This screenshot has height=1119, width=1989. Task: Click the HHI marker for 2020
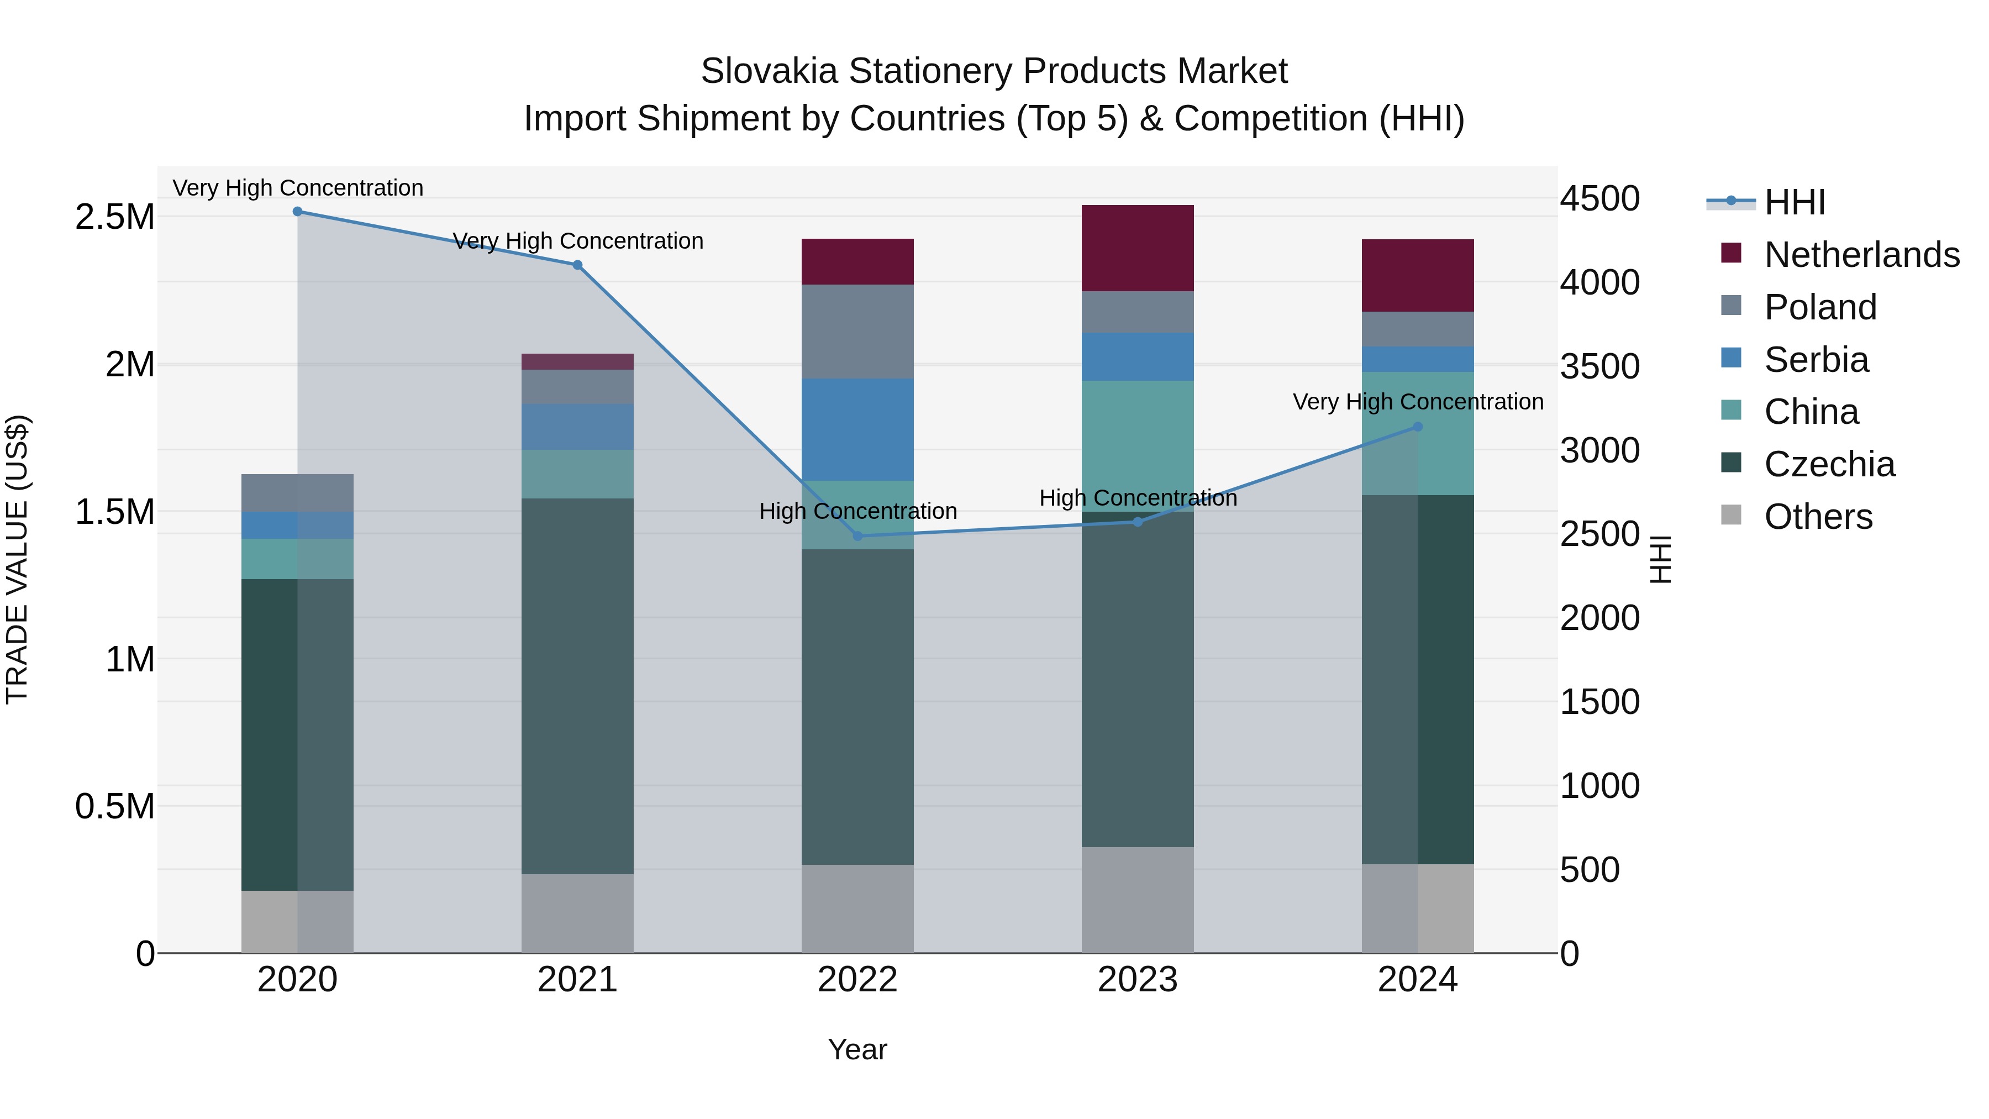[297, 211]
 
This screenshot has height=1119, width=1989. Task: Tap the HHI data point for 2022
[857, 536]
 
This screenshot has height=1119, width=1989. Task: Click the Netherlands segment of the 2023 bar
[1138, 248]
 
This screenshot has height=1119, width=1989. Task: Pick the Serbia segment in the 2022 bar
[857, 429]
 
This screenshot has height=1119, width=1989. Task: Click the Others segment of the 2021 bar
[577, 913]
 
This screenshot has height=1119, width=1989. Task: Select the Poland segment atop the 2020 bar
[297, 493]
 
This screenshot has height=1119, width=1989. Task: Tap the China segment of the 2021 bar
[577, 474]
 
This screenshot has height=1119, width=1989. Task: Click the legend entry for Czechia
[1828, 464]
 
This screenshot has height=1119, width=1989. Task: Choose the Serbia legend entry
[1816, 360]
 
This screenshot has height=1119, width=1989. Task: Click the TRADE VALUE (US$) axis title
[18, 559]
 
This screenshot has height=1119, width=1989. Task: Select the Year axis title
[857, 1049]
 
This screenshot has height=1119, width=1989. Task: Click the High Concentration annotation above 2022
[857, 511]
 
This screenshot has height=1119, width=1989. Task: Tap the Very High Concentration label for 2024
[1418, 402]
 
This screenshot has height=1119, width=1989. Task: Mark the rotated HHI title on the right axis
[1661, 559]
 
